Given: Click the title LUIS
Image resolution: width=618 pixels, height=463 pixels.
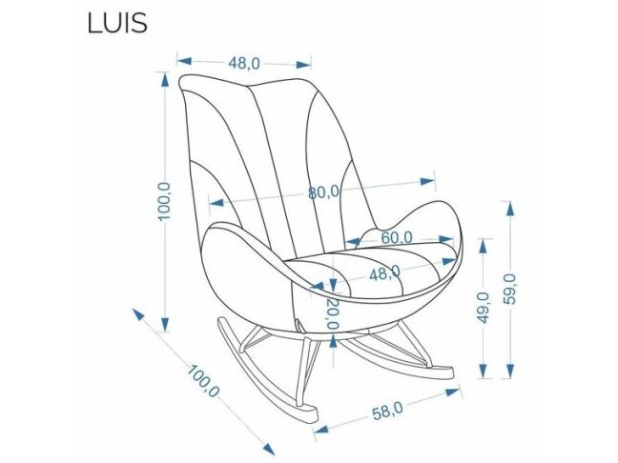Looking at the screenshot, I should (116, 22).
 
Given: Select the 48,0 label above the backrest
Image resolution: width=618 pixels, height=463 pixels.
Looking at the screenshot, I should (244, 64).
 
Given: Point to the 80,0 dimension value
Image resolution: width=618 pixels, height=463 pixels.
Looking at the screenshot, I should (323, 191).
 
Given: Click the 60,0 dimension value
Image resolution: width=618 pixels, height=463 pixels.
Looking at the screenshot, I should (397, 236).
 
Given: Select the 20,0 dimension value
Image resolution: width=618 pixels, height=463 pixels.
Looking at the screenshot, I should (332, 313).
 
